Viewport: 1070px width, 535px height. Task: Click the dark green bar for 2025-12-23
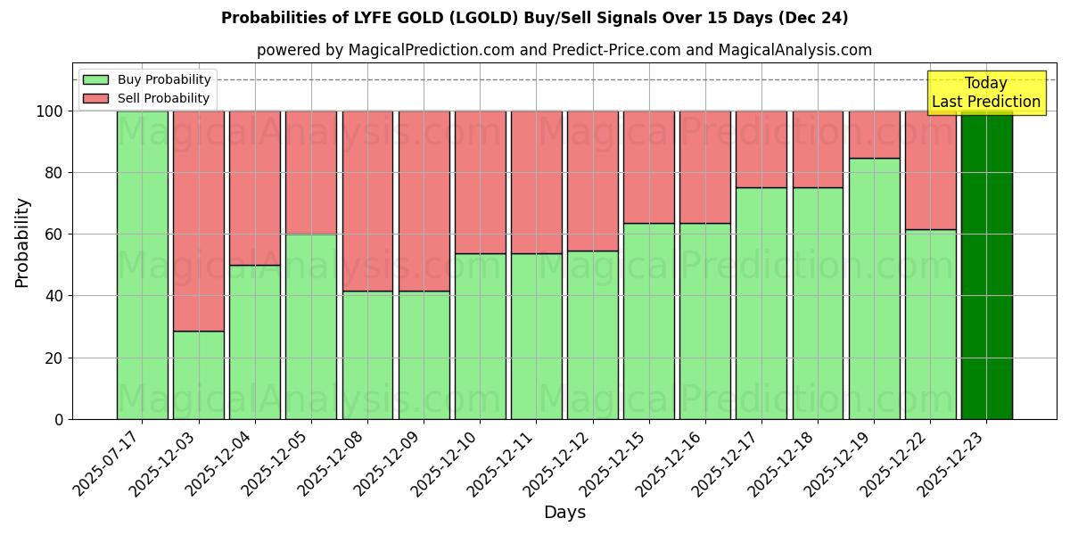(x=986, y=265)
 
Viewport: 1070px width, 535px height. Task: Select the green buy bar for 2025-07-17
(x=142, y=265)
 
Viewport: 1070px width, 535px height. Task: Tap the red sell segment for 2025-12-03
(x=198, y=220)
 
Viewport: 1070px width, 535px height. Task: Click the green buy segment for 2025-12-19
(x=874, y=288)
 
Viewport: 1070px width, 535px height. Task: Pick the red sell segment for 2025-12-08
(x=367, y=201)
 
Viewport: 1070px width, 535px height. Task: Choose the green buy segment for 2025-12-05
(x=311, y=326)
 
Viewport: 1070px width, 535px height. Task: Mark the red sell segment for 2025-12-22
(x=930, y=169)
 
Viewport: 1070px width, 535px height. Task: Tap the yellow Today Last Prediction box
(x=985, y=93)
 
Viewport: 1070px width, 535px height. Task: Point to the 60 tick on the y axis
(x=55, y=235)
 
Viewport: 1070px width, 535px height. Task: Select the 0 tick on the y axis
(x=59, y=419)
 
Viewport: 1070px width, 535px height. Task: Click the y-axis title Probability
(x=22, y=243)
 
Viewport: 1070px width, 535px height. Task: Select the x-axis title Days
(x=564, y=513)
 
